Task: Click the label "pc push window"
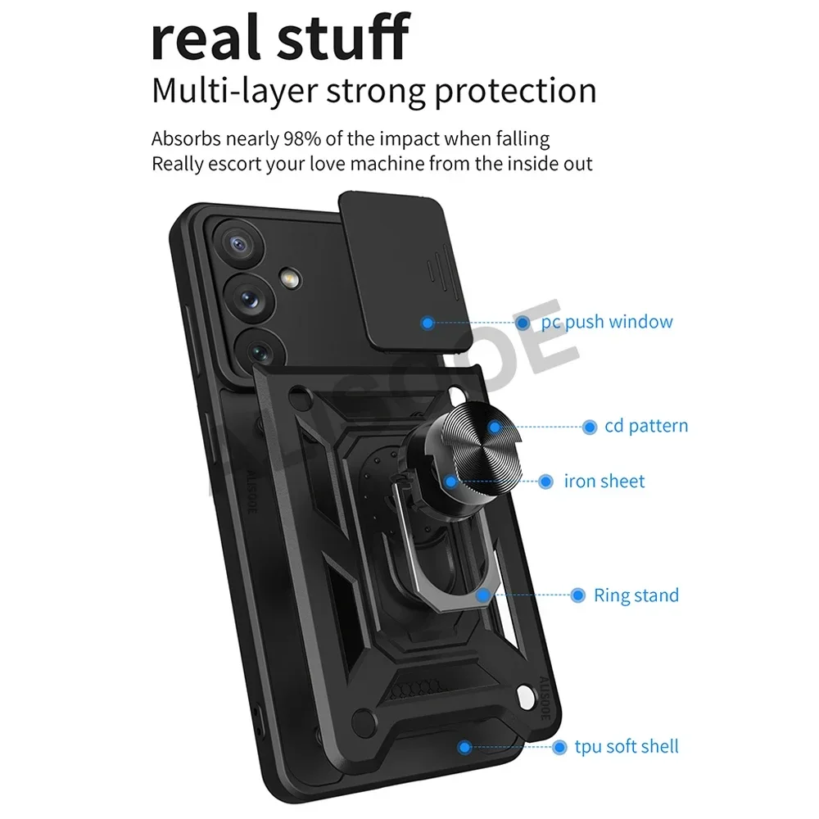[x=607, y=322]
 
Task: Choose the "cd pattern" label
[x=646, y=426]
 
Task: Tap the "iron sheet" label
[x=604, y=481]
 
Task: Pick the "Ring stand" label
[x=636, y=595]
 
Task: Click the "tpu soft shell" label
[x=627, y=746]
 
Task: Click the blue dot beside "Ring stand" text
[x=577, y=595]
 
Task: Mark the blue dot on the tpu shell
[x=464, y=746]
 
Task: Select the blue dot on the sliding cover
[x=427, y=323]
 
